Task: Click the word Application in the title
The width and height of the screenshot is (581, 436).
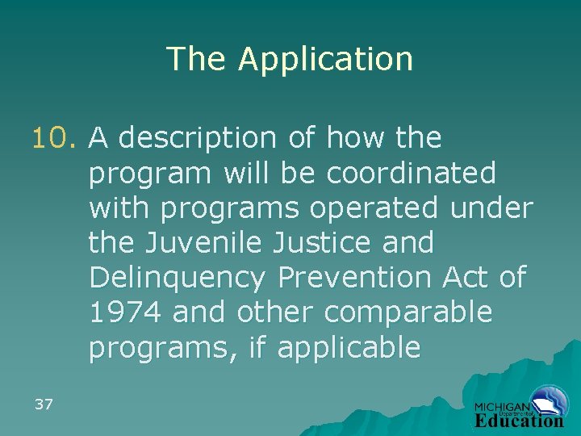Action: pos(325,60)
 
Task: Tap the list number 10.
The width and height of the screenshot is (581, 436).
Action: pos(56,138)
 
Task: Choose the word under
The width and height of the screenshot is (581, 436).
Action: pos(492,208)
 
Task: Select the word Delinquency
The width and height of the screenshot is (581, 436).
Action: pos(178,279)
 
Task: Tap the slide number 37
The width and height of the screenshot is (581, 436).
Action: pos(44,404)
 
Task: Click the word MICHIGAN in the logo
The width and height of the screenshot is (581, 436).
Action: pos(501,408)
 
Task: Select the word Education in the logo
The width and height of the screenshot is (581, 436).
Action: pos(520,420)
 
